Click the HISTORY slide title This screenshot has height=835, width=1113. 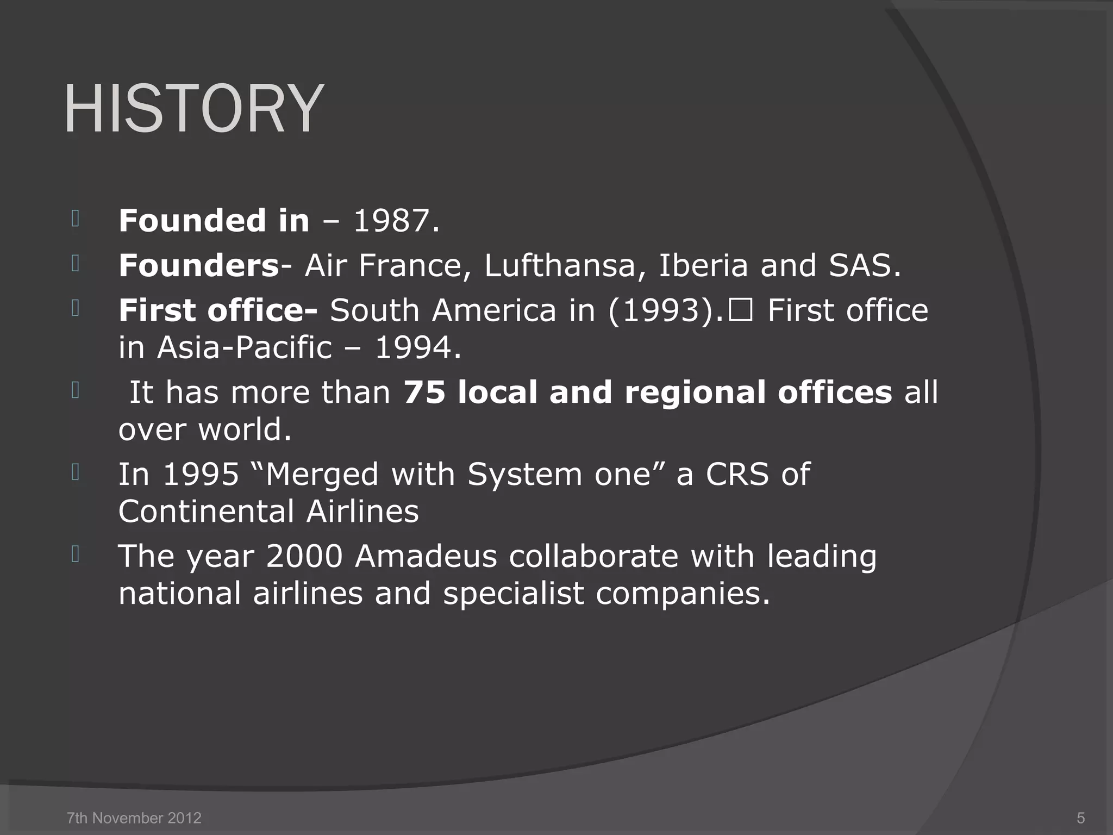click(x=193, y=109)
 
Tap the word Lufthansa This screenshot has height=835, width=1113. click(x=560, y=266)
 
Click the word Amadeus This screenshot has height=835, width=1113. click(x=426, y=557)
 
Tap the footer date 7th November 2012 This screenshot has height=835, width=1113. click(x=134, y=818)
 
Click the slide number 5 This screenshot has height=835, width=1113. click(x=1080, y=818)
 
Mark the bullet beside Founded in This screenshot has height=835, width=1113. click(x=76, y=219)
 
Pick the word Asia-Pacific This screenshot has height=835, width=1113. click(x=244, y=348)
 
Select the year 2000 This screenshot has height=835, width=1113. click(x=304, y=557)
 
